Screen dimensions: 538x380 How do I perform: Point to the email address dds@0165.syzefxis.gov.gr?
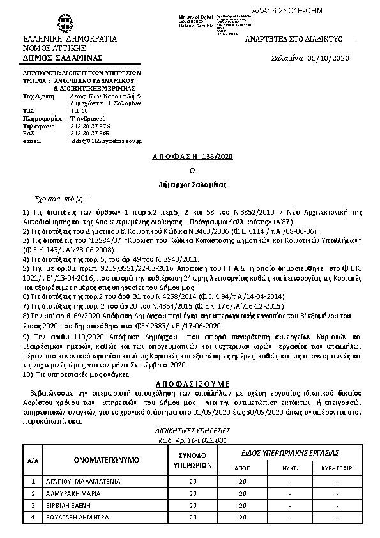click(x=107, y=141)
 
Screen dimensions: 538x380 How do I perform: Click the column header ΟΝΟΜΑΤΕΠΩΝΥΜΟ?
click(x=98, y=458)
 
